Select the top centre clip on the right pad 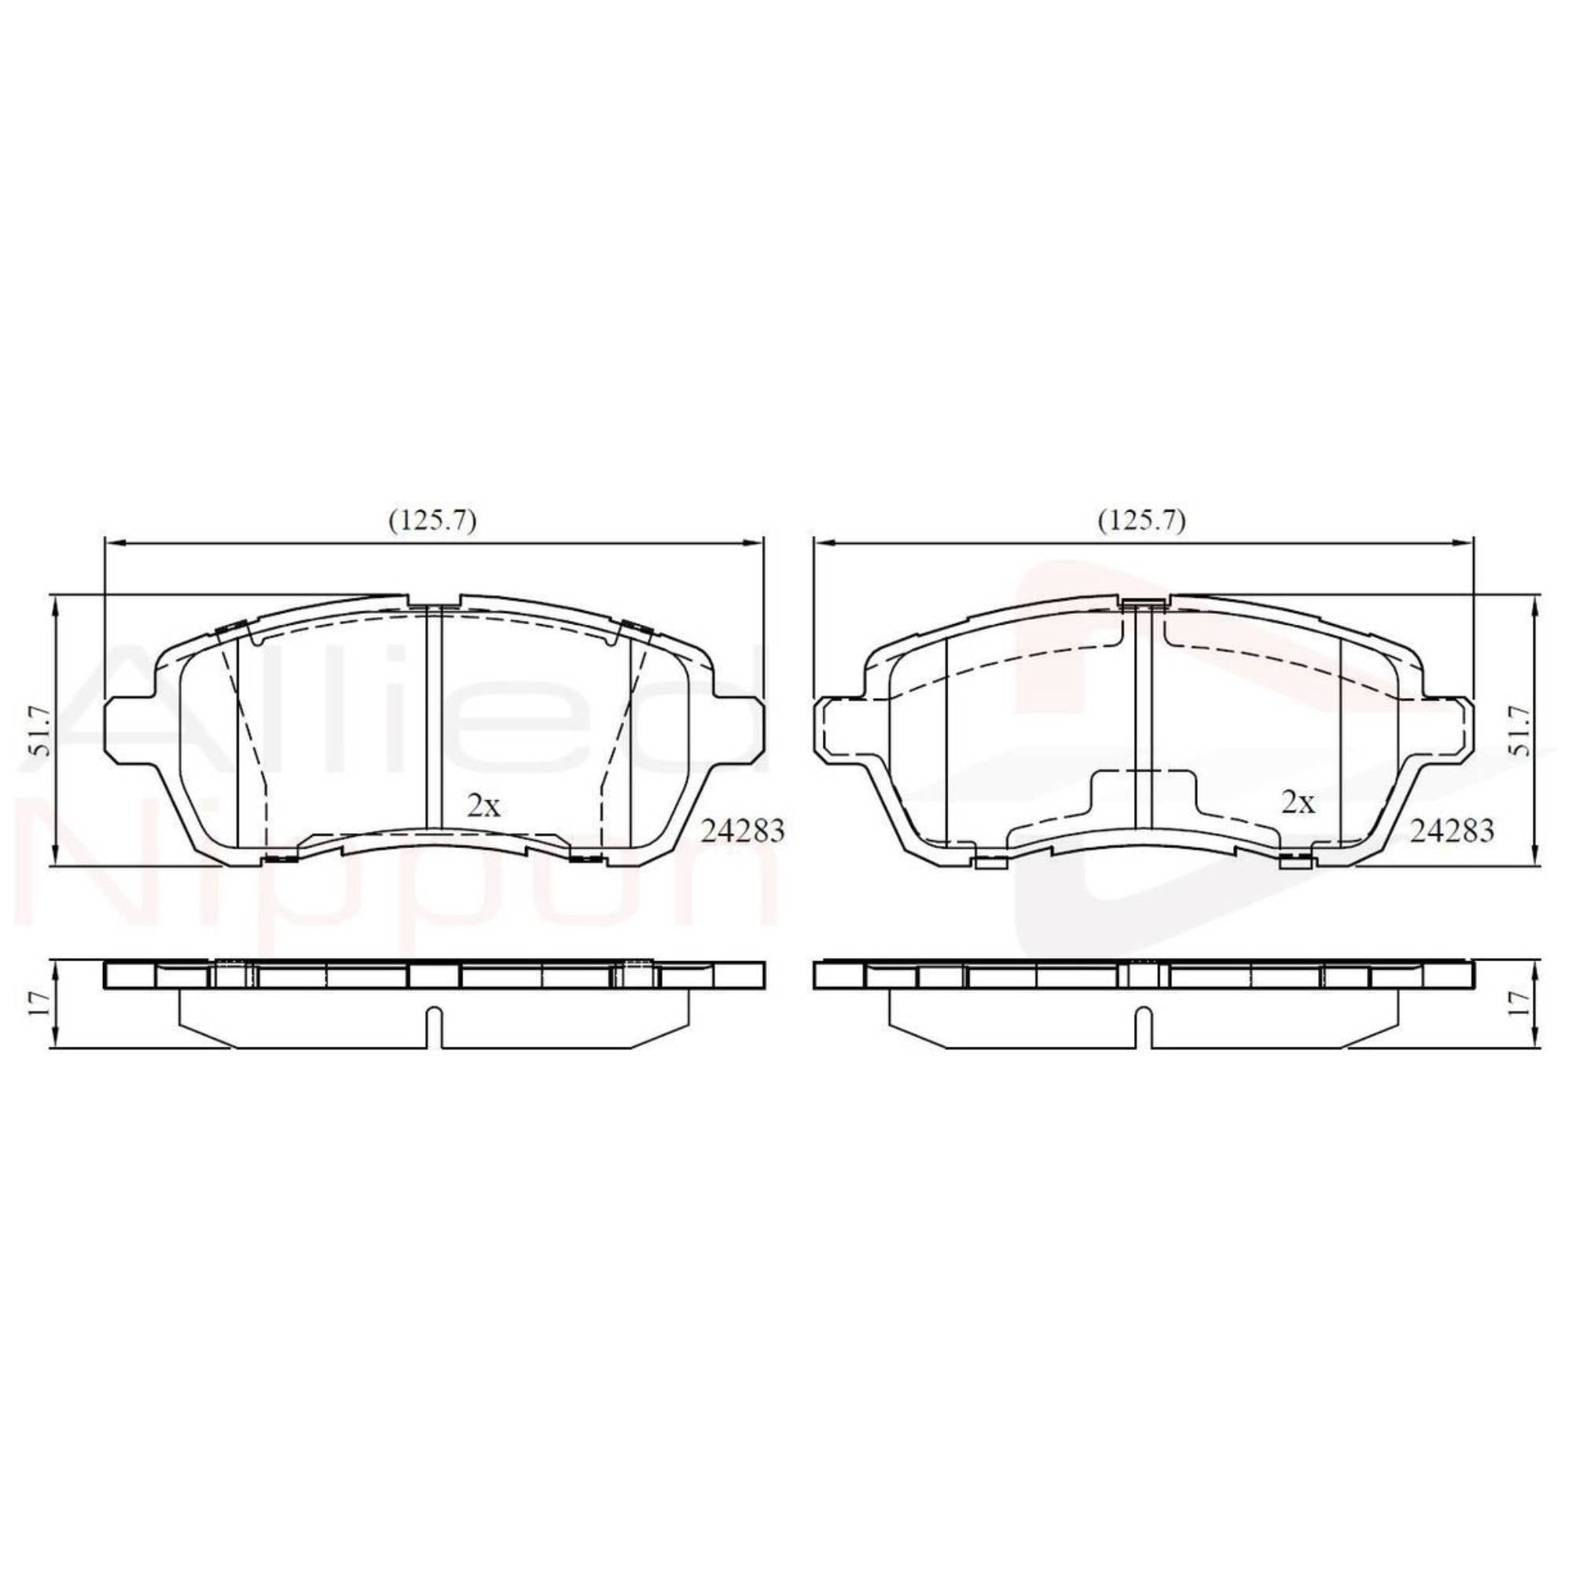click(x=1143, y=603)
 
